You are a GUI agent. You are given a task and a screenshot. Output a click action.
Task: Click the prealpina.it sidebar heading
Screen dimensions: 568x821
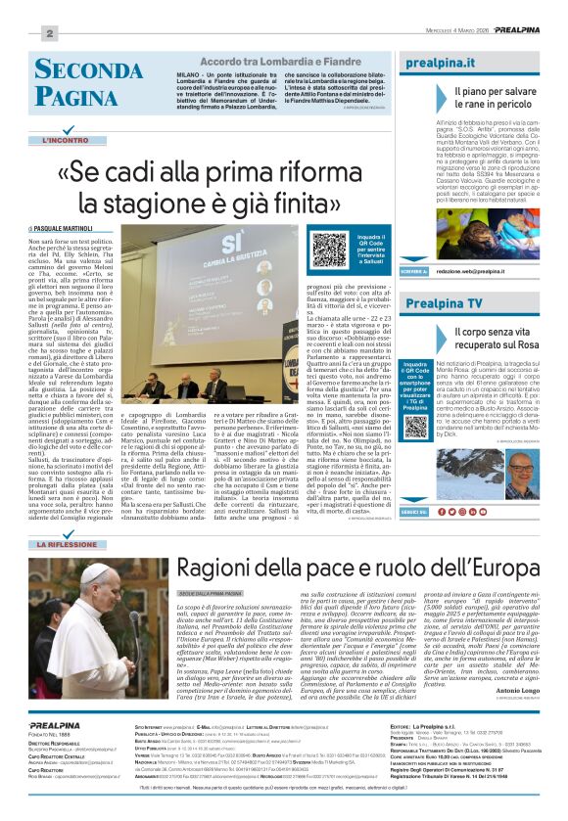point(441,63)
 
